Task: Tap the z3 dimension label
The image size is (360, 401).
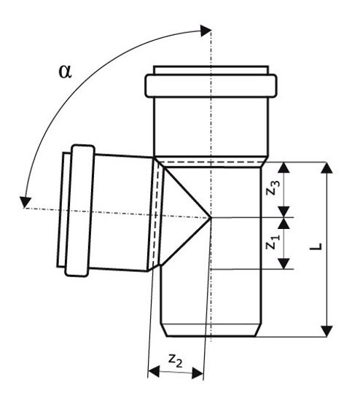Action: pyautogui.click(x=271, y=188)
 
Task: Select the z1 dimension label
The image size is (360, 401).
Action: pyautogui.click(x=271, y=244)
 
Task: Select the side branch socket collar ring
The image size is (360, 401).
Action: pyautogui.click(x=79, y=211)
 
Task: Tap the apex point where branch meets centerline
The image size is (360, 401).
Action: pyautogui.click(x=210, y=217)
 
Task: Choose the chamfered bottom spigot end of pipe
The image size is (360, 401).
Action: pyautogui.click(x=211, y=330)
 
